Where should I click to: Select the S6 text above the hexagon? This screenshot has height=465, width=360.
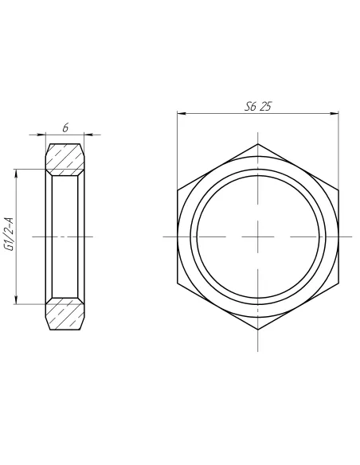click(249, 106)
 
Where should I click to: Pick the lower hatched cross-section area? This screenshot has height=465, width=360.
click(65, 315)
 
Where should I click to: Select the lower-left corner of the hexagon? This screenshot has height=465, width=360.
click(178, 283)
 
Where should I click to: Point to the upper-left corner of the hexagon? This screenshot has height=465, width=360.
click(178, 190)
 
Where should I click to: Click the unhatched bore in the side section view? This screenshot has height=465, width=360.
click(65, 236)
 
